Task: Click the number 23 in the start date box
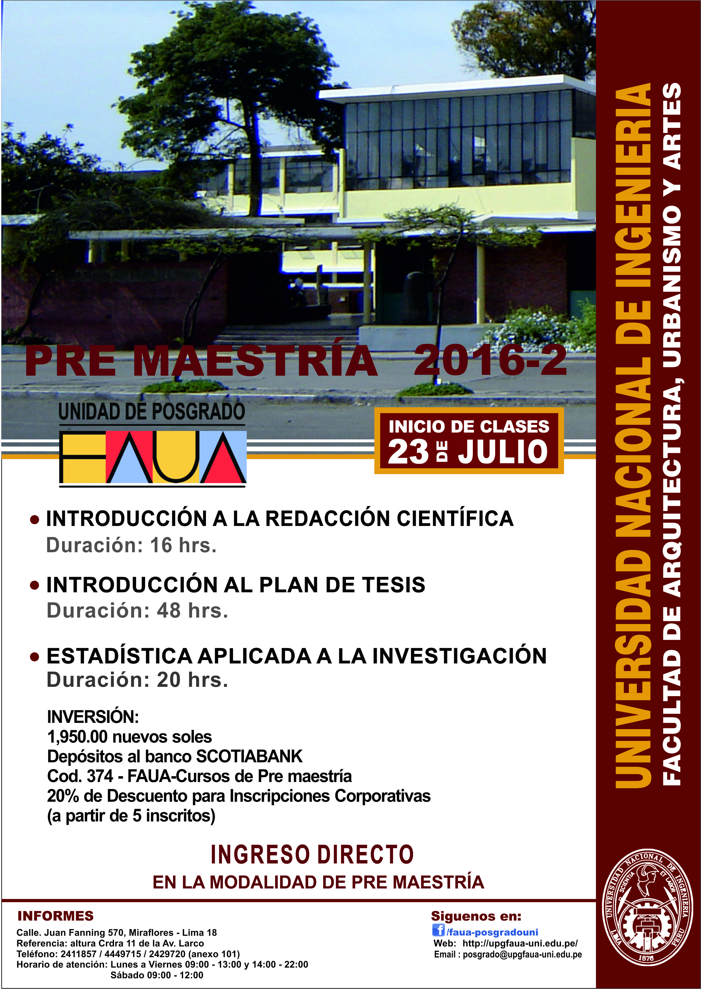(x=408, y=452)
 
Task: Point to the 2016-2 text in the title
(x=490, y=360)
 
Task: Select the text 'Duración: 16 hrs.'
(x=131, y=545)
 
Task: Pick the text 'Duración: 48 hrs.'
(x=137, y=611)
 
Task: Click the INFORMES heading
(x=55, y=916)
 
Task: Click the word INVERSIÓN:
(x=93, y=717)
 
